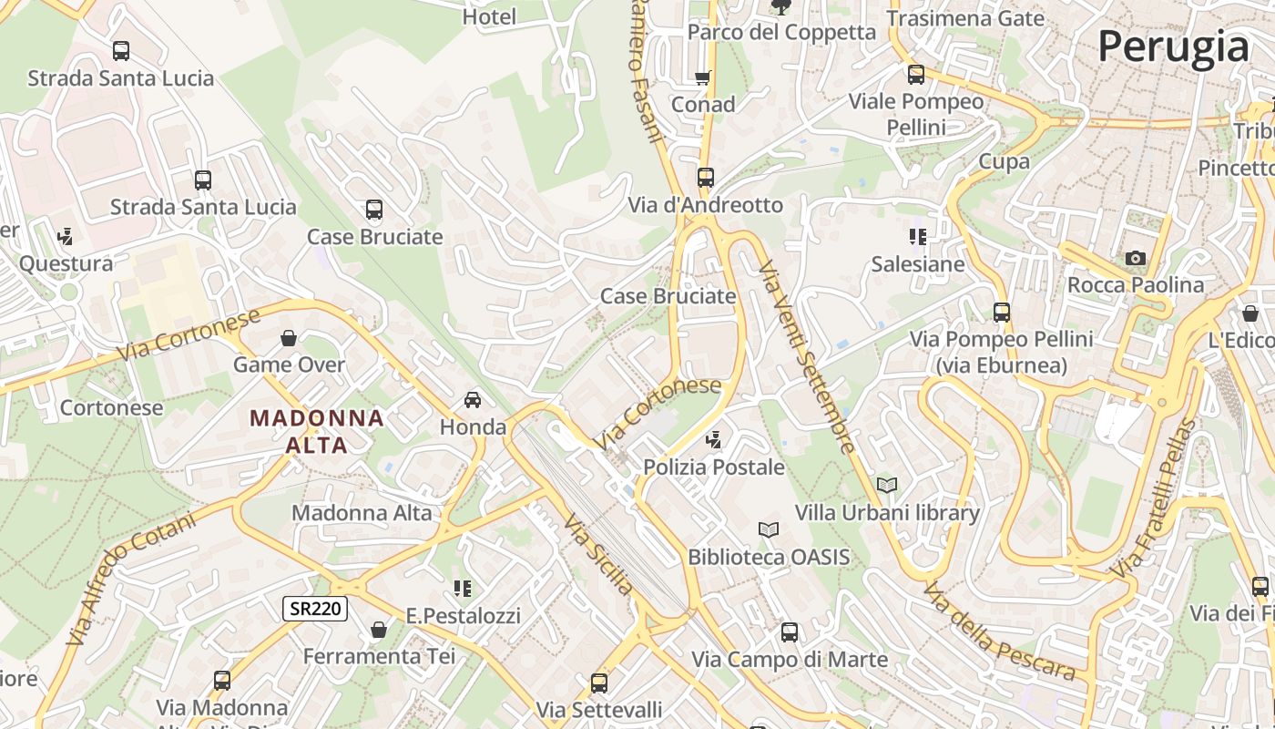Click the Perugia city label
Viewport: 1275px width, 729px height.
click(x=1173, y=46)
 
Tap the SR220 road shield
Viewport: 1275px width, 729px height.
click(x=315, y=609)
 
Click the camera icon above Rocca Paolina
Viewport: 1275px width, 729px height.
click(x=1135, y=259)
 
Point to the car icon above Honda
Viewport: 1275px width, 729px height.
click(x=473, y=400)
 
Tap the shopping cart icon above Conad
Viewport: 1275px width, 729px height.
click(x=703, y=78)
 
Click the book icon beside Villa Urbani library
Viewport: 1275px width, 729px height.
click(x=886, y=486)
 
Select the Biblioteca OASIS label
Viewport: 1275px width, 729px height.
click(x=768, y=557)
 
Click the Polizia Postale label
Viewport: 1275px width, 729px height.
click(x=713, y=467)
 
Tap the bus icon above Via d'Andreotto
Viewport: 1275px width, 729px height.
click(x=706, y=178)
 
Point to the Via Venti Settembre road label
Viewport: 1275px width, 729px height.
click(x=807, y=357)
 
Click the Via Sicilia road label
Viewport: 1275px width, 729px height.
click(x=598, y=554)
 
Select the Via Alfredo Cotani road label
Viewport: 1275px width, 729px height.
click(x=132, y=580)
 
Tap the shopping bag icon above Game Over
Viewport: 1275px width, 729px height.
click(x=289, y=338)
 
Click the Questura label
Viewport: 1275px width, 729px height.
click(x=66, y=264)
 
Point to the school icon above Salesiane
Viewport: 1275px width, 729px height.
click(x=917, y=238)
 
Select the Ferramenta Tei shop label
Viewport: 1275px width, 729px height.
click(x=379, y=656)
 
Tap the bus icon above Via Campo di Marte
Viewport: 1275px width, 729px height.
click(x=790, y=632)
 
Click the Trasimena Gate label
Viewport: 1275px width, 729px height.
click(x=964, y=17)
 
